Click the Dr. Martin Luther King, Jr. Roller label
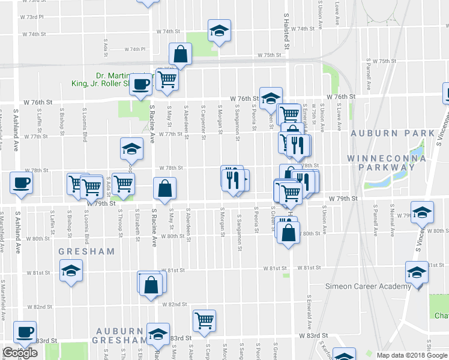114,80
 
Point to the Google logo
20,353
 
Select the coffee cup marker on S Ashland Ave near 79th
21,182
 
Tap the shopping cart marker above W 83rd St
204,320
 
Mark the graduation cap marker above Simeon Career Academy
417,272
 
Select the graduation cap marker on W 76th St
271,97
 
